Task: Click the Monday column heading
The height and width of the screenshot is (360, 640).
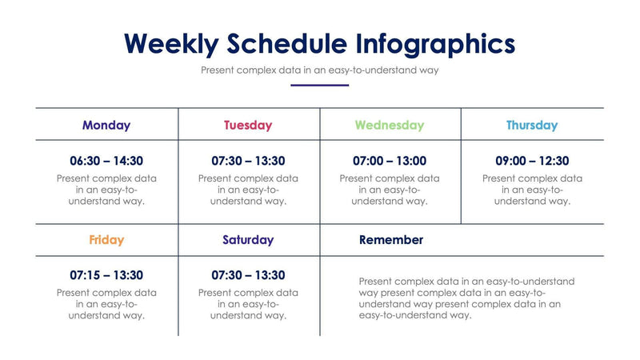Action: tap(106, 126)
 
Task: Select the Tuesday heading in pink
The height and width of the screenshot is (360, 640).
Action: tap(248, 126)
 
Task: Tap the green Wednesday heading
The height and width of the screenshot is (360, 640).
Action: tap(390, 126)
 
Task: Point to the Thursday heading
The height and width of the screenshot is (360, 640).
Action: tap(532, 126)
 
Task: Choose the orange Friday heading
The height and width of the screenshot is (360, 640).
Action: tap(106, 240)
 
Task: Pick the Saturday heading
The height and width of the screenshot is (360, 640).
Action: tap(248, 240)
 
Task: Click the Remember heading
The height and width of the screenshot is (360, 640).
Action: tap(391, 240)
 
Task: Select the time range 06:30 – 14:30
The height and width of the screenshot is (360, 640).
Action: tap(106, 162)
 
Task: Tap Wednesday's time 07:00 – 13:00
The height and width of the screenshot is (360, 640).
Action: tap(390, 162)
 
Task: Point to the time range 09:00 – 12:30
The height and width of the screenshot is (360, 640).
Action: tap(532, 162)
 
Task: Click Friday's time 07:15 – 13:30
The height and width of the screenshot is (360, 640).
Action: tap(106, 276)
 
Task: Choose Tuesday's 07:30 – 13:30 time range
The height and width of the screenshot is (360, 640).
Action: tap(248, 162)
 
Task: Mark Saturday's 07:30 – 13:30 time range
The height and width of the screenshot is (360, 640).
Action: tap(248, 276)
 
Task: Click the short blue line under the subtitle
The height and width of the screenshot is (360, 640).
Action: tap(320, 85)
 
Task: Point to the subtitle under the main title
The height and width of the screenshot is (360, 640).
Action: tap(320, 70)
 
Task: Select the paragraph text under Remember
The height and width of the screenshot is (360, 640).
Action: tap(466, 298)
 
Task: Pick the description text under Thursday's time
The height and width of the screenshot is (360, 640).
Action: tap(532, 190)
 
